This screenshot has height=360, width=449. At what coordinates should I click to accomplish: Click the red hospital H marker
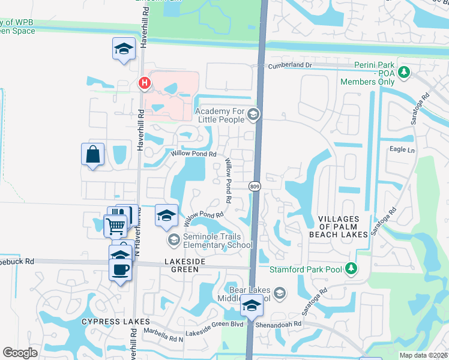pyautogui.click(x=144, y=83)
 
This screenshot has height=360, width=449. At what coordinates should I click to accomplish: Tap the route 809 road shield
pyautogui.click(x=253, y=187)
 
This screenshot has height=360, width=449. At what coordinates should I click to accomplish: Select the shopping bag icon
pyautogui.click(x=92, y=155)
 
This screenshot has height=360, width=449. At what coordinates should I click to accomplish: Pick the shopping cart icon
pyautogui.click(x=115, y=226)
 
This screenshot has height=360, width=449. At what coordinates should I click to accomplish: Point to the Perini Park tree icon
pyautogui.click(x=404, y=73)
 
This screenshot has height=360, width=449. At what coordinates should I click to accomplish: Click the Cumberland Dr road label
pyautogui.click(x=291, y=65)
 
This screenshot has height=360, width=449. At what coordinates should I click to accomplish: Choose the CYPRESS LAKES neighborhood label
pyautogui.click(x=107, y=322)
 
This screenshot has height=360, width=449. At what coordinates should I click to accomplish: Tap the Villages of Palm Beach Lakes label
pyautogui.click(x=339, y=227)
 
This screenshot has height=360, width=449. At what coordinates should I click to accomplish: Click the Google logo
pyautogui.click(x=20, y=353)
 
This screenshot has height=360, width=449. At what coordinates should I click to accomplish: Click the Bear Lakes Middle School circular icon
pyautogui.click(x=280, y=293)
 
